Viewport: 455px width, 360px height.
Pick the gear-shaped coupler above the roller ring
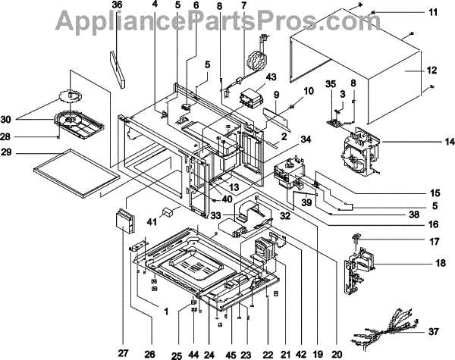click(x=68, y=95)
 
